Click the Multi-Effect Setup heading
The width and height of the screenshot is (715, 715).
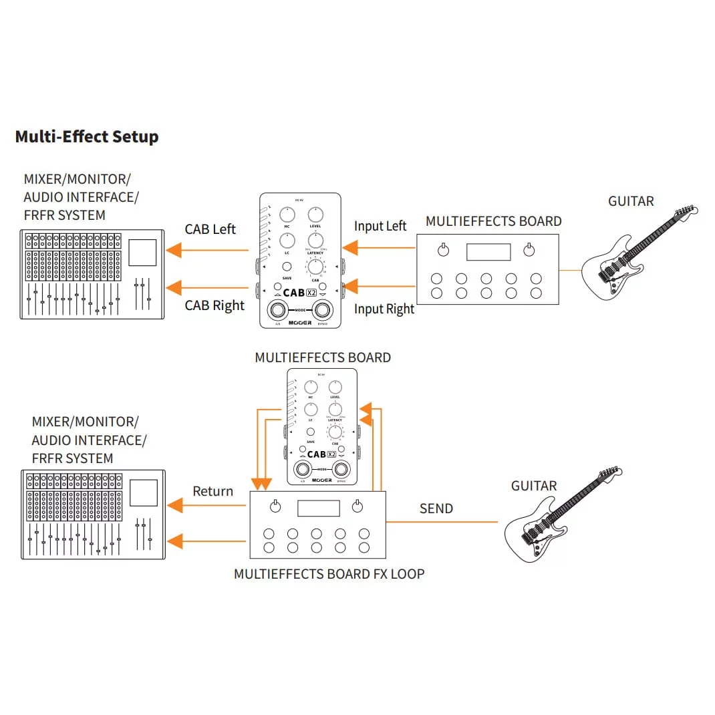(87, 137)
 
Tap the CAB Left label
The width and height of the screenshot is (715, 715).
(210, 229)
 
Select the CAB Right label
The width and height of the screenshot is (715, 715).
(214, 305)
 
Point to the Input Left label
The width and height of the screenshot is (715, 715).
(380, 226)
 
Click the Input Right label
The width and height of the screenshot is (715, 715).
(384, 309)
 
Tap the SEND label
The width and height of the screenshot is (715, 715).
(436, 509)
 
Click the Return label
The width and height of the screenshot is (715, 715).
(212, 491)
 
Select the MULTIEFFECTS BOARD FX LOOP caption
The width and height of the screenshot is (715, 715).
(329, 573)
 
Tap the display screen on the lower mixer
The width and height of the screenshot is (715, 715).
(142, 492)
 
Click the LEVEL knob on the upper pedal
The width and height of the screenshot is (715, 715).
(315, 214)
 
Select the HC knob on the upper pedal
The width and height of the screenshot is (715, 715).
(287, 214)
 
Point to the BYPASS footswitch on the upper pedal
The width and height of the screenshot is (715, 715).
(323, 310)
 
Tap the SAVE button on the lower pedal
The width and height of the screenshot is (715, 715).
(311, 432)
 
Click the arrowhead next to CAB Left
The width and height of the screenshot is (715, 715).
(174, 250)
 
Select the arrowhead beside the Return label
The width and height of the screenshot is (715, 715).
(174, 506)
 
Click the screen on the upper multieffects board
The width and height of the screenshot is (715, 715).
(488, 252)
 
